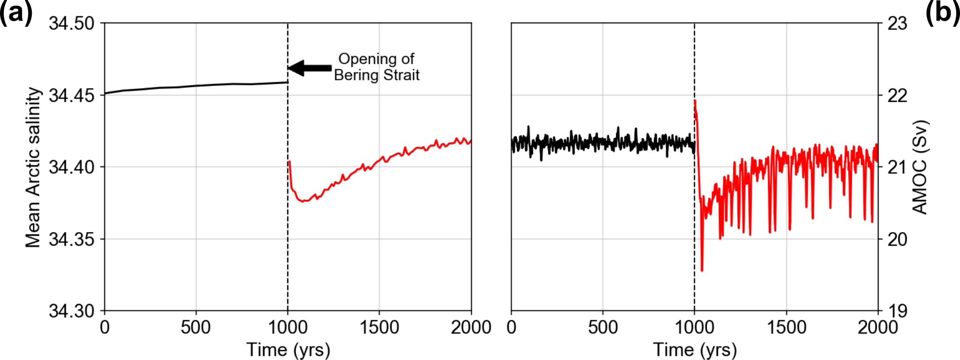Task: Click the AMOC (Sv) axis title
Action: [x=919, y=167]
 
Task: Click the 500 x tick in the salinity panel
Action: [x=196, y=327]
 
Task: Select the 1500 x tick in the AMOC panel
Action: [x=786, y=327]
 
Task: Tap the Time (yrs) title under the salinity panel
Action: [x=288, y=350]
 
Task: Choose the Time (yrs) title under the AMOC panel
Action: [x=695, y=350]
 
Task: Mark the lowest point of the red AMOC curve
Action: [x=702, y=270]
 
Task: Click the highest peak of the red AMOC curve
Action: [x=695, y=101]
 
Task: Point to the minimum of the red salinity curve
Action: [x=303, y=201]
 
